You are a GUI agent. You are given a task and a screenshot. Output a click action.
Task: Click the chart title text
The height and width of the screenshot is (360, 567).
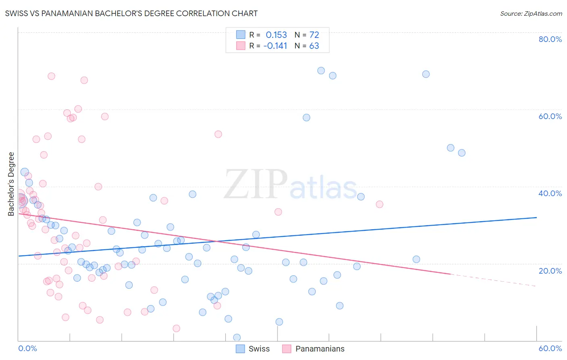point(131,13)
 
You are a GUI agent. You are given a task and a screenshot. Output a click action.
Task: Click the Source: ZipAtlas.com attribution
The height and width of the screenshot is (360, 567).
point(531,13)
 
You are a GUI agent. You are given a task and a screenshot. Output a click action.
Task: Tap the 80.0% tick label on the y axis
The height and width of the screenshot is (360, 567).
point(550,39)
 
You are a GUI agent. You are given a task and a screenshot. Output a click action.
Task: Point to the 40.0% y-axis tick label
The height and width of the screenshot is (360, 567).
point(550,193)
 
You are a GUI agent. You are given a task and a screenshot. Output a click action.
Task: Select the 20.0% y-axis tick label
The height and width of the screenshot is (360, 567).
point(550,271)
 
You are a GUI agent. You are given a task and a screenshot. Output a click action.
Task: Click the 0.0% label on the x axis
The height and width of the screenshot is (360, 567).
point(27,348)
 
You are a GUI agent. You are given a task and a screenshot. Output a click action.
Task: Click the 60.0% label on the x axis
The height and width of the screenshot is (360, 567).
point(550,348)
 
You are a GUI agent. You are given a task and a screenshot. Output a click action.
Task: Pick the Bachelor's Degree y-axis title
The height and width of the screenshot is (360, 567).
point(11,184)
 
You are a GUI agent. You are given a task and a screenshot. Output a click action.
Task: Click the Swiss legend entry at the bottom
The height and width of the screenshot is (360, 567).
point(259,349)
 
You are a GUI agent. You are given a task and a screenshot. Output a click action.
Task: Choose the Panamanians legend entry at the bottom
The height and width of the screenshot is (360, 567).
point(320,349)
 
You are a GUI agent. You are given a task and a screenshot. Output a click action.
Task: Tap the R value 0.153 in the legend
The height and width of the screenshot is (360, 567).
point(276,35)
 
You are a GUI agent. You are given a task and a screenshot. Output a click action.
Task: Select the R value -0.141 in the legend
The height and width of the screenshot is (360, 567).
point(275,46)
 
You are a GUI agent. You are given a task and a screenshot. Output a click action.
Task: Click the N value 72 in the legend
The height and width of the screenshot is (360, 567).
point(314,35)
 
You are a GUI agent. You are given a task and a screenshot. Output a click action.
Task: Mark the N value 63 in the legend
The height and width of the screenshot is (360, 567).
point(314,46)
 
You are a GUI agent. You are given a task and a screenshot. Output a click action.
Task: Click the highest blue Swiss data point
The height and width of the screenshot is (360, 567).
point(321,71)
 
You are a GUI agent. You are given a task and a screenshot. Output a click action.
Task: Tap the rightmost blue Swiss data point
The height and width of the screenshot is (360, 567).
point(462,153)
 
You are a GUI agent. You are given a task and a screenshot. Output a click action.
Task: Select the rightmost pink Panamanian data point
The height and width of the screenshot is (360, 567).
point(379,204)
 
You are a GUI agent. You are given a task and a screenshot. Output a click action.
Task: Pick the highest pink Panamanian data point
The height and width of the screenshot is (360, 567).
point(51,76)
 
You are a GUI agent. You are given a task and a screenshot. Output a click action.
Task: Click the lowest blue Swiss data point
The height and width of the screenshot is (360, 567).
point(237,337)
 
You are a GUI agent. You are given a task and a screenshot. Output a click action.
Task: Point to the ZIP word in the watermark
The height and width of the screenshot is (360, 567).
point(256,184)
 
